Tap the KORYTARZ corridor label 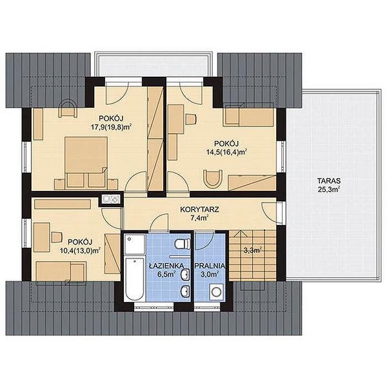[x=199, y=210]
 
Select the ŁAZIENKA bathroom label [x=166, y=266]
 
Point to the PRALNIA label [x=210, y=266]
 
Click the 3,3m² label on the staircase [x=253, y=250]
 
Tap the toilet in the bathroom [x=183, y=244]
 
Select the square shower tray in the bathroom [x=135, y=244]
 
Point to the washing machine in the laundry [x=217, y=292]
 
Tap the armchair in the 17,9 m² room [x=68, y=108]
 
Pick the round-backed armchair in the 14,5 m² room [x=213, y=179]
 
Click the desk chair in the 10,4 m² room [x=56, y=237]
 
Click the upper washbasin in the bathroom [x=185, y=274]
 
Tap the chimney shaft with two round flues [x=111, y=199]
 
